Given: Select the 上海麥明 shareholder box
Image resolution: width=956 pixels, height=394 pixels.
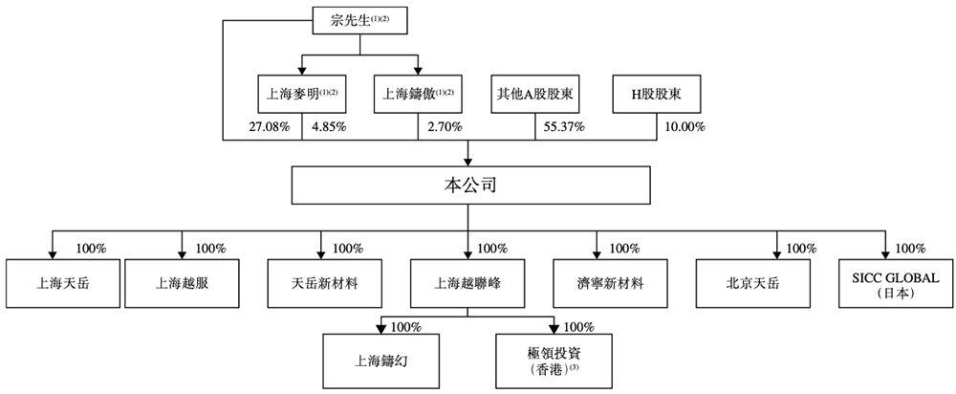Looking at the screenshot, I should (302, 94).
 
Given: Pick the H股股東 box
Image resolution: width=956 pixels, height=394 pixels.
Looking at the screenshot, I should (656, 94).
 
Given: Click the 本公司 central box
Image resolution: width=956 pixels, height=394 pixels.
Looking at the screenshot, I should (467, 185).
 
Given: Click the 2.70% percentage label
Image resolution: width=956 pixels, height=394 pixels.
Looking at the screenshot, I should (445, 126).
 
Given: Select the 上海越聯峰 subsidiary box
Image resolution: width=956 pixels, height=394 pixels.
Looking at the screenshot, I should (467, 283).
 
